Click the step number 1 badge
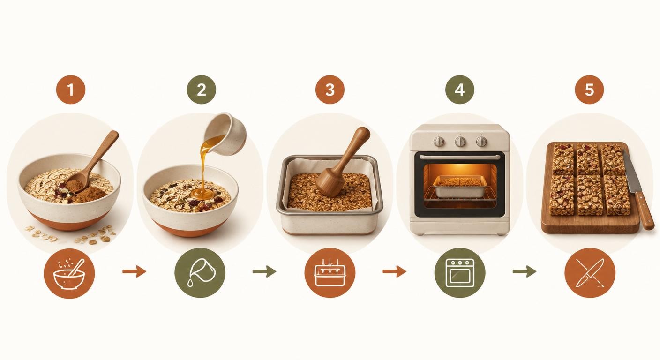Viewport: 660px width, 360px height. coord(71,90)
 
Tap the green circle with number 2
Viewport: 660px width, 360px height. coord(202,90)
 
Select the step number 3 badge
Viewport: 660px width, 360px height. coord(330,90)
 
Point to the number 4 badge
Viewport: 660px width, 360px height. coord(460,90)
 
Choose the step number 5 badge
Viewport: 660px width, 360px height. coord(589,90)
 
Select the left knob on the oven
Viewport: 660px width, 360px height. coord(439,142)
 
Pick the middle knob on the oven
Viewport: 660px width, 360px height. coord(460,142)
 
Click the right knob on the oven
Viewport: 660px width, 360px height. coord(481,142)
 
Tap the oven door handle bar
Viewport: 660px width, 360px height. coord(460,157)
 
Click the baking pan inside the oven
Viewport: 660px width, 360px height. coord(460,186)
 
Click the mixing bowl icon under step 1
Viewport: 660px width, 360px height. coord(69,273)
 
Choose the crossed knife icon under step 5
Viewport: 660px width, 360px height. coord(590,273)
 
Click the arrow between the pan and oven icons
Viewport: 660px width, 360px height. coord(394,271)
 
